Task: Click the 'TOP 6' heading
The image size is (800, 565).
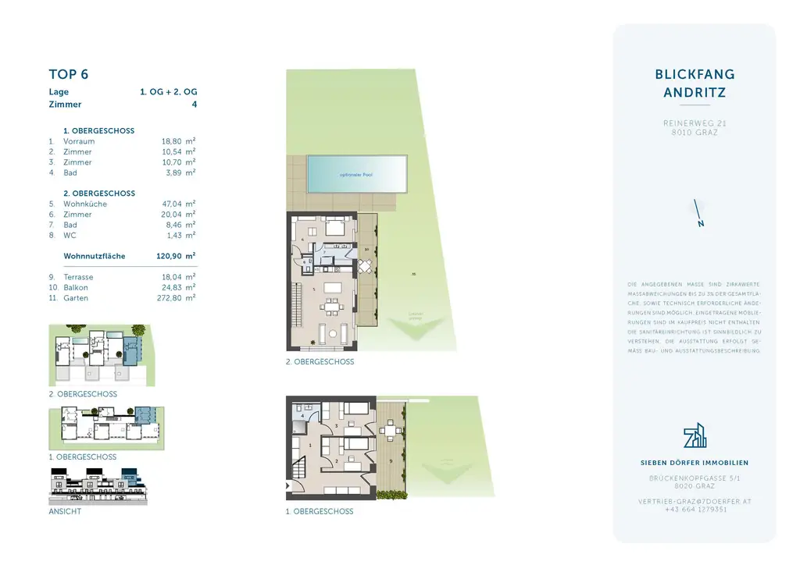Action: [x=69, y=75]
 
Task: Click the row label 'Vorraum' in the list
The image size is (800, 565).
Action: [x=79, y=141]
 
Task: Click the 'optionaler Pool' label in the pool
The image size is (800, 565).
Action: [x=356, y=175]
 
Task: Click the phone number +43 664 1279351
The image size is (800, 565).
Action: [x=695, y=510]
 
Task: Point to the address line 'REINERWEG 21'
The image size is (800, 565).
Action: [x=695, y=123]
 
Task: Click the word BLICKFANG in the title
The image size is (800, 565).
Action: [x=695, y=75]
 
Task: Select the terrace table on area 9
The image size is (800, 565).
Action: [x=389, y=431]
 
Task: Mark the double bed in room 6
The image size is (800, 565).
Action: [x=334, y=229]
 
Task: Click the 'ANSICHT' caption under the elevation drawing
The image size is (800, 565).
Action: [x=65, y=511]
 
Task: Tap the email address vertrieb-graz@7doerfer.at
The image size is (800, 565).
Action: [x=695, y=501]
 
